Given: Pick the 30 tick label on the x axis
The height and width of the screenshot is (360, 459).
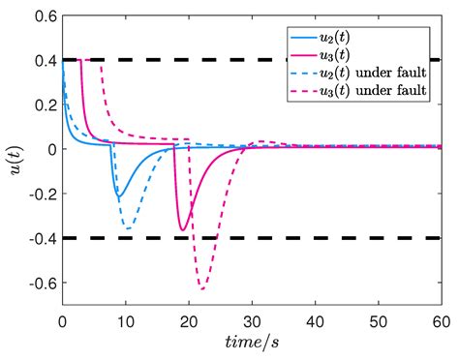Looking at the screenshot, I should pos(252,320).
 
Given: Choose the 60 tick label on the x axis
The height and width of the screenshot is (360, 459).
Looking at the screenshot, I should pos(441,320).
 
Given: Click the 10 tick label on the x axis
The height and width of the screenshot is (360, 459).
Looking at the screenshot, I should pos(126,320).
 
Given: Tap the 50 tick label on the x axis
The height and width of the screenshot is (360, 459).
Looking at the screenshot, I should pos(378,320).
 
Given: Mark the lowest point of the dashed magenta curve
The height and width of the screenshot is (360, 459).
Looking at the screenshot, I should pos(202,288).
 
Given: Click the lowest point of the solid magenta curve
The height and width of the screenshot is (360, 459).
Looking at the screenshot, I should pos(182,230).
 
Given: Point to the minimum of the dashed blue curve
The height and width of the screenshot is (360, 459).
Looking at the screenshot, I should pos(128,227).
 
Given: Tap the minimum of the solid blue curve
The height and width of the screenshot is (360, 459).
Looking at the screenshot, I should pos(118,197).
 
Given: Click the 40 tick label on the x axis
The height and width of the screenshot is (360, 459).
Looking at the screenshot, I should pos(315,320).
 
